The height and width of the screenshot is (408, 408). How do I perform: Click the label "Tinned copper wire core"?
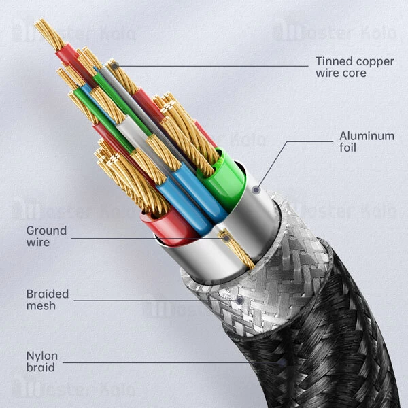(354, 67)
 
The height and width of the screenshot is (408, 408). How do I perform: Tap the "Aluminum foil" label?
(367, 141)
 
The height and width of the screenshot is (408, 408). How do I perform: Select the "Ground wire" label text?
(46, 236)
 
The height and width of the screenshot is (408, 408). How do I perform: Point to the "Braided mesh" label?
(47, 300)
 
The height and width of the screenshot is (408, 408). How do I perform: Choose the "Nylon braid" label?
(41, 362)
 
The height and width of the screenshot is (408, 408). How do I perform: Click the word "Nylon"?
(41, 356)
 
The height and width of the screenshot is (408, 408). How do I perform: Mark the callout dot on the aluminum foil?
(256, 190)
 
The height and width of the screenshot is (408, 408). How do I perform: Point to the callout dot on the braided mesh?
(239, 299)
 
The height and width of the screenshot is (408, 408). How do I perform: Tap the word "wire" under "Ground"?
(37, 242)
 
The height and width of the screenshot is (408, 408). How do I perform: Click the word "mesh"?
(41, 306)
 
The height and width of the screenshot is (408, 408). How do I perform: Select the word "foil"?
(349, 148)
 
